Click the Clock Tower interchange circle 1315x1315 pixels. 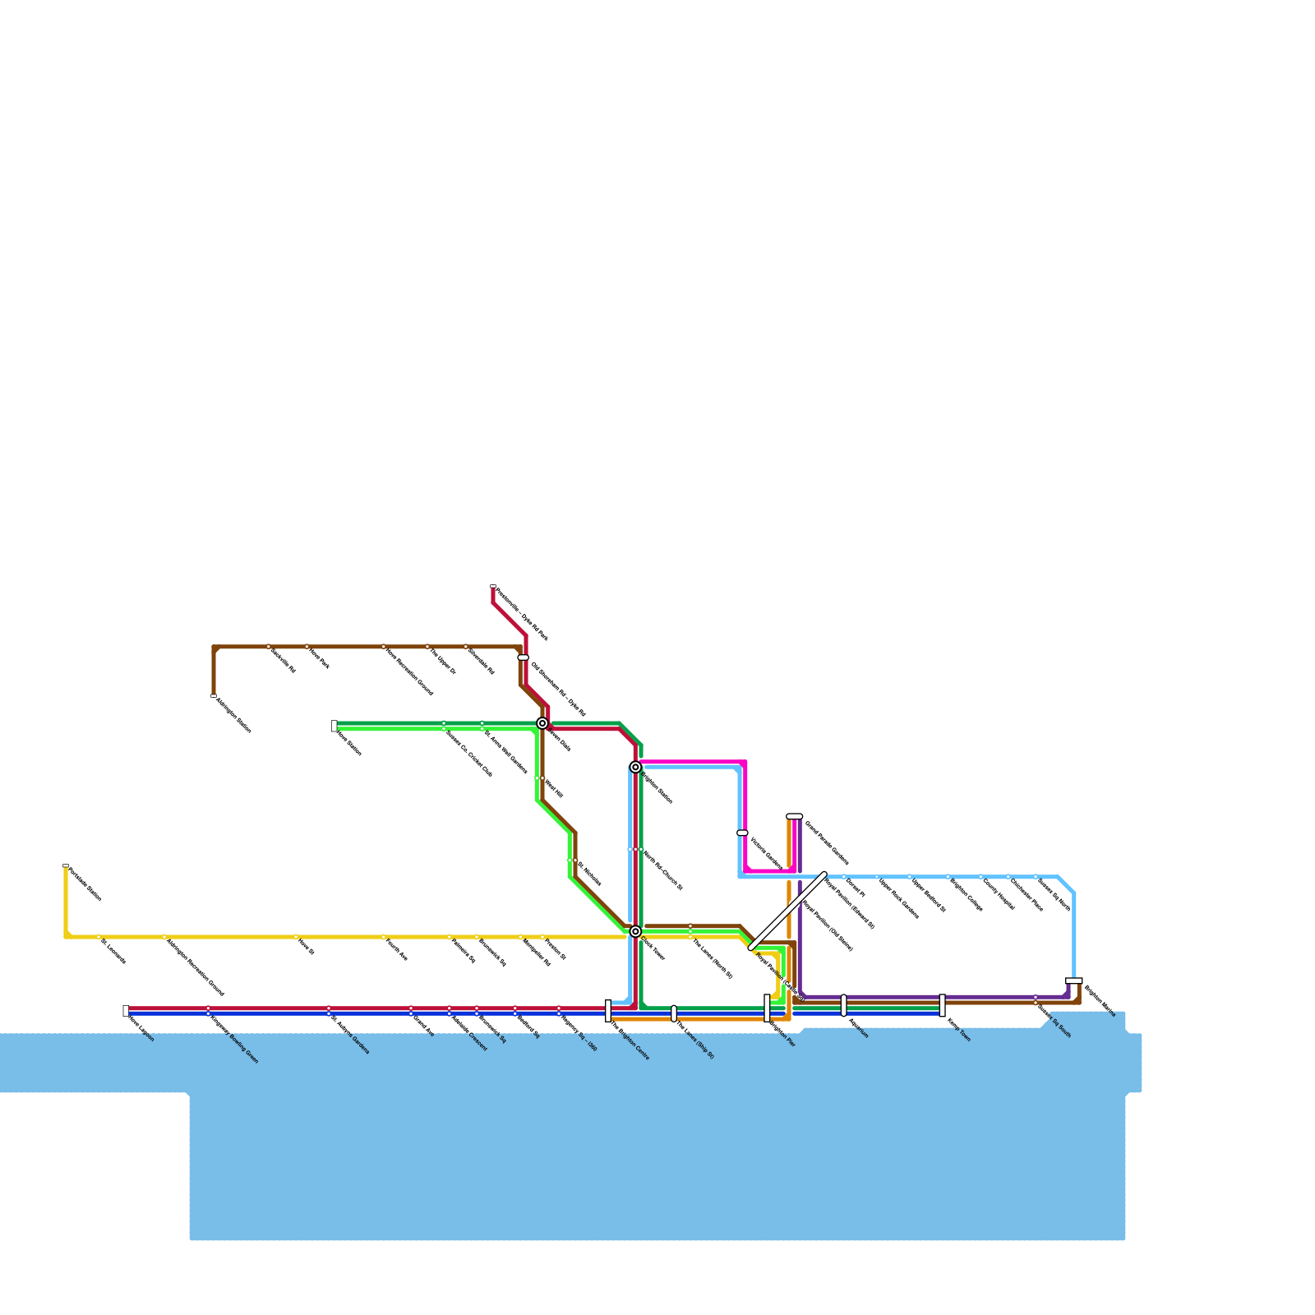pos(635,931)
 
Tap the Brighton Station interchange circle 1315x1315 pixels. pos(635,767)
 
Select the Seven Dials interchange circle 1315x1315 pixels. pos(542,723)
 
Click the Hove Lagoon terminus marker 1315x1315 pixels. pos(126,1011)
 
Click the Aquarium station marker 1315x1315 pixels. pos(844,1005)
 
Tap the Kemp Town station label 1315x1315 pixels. pos(958,1030)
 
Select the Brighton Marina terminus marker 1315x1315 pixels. pos(1074,980)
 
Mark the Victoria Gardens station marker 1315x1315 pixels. pos(742,833)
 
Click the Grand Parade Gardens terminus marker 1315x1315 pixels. pos(795,816)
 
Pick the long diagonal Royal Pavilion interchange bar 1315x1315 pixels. pos(788,911)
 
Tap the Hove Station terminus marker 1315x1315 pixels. pos(335,726)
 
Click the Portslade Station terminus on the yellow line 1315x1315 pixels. pos(66,865)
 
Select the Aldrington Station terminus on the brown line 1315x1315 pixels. pos(214,696)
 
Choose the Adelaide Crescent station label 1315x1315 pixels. pos(469,1034)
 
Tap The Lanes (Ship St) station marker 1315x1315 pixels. pos(674,1013)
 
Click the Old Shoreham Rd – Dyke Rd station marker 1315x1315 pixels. pos(524,657)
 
